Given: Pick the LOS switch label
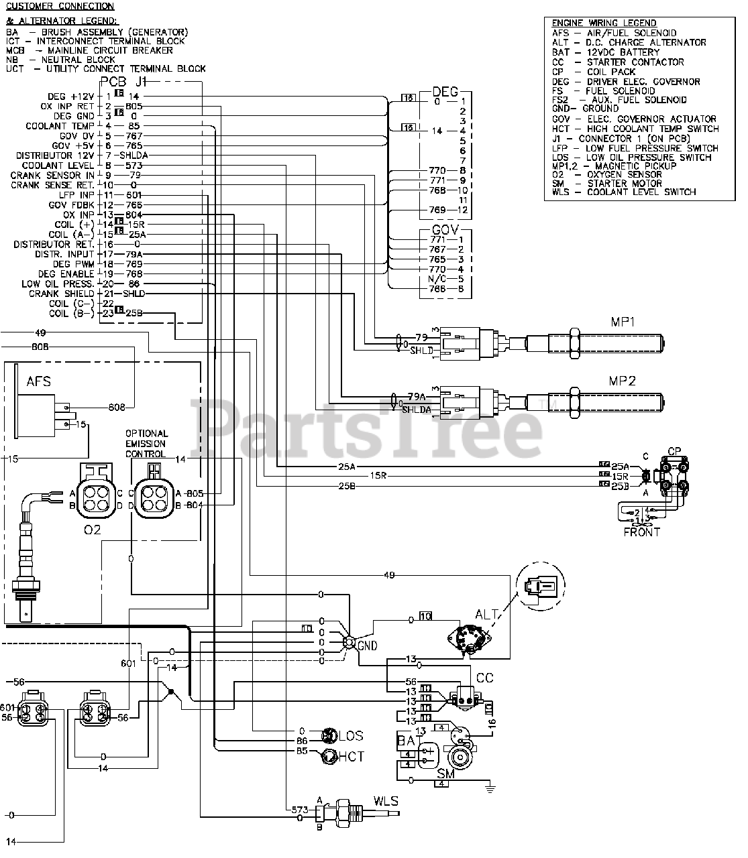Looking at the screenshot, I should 350,735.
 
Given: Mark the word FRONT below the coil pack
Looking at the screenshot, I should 641,532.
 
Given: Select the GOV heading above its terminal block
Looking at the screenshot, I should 445,231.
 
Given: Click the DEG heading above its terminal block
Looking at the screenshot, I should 445,92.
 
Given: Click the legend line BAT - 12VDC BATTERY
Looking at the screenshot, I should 605,52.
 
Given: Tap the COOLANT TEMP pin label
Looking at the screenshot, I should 60,126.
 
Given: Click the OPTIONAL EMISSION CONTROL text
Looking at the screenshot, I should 146,444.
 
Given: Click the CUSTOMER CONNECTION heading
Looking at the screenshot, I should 60,7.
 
